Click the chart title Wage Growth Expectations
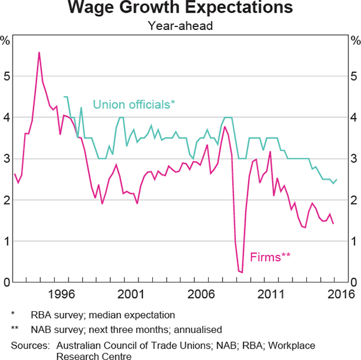[x=180, y=8]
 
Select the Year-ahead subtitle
[x=180, y=26]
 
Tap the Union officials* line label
[x=134, y=104]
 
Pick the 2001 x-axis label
[x=131, y=295]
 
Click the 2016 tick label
[x=338, y=295]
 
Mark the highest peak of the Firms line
[x=39, y=52]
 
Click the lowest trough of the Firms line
[x=242, y=273]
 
